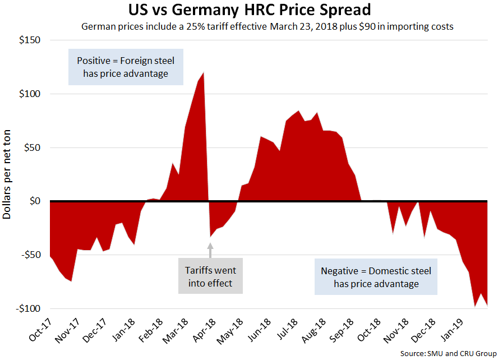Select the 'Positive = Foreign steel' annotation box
pyautogui.click(x=126, y=67)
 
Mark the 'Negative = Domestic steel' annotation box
pyautogui.click(x=376, y=277)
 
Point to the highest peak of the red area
pyautogui.click(x=203, y=73)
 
